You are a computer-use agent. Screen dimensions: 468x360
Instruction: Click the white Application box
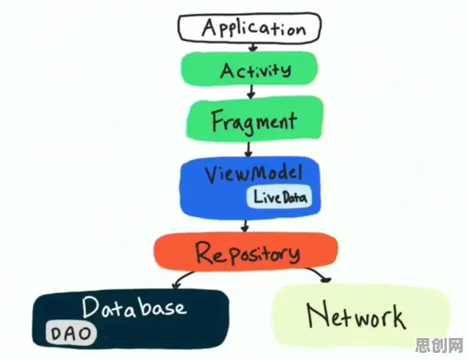point(250,28)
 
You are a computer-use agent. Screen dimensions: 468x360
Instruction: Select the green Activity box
point(250,68)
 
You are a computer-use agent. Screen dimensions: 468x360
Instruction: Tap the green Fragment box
point(254,119)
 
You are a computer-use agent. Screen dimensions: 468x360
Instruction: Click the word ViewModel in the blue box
point(254,174)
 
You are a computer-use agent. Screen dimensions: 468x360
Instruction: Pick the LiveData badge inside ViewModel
point(280,197)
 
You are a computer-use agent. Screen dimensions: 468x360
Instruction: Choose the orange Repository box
point(247,252)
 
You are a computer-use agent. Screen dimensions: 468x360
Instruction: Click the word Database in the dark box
point(134,307)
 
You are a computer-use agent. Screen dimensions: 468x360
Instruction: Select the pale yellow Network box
point(361,317)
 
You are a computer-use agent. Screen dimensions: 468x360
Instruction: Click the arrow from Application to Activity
point(253,47)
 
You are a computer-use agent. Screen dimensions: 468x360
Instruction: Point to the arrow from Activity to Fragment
point(251,91)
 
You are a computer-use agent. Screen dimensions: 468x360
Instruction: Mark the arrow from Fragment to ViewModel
point(248,149)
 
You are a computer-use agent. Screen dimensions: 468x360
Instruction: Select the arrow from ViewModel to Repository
point(245,226)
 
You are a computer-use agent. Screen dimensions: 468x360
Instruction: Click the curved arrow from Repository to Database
point(182,277)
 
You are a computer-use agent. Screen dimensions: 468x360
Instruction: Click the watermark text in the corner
point(439,346)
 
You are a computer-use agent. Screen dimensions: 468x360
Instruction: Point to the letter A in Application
point(210,28)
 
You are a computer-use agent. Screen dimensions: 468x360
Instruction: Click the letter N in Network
point(319,316)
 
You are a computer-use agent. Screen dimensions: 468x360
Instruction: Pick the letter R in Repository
point(206,252)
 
